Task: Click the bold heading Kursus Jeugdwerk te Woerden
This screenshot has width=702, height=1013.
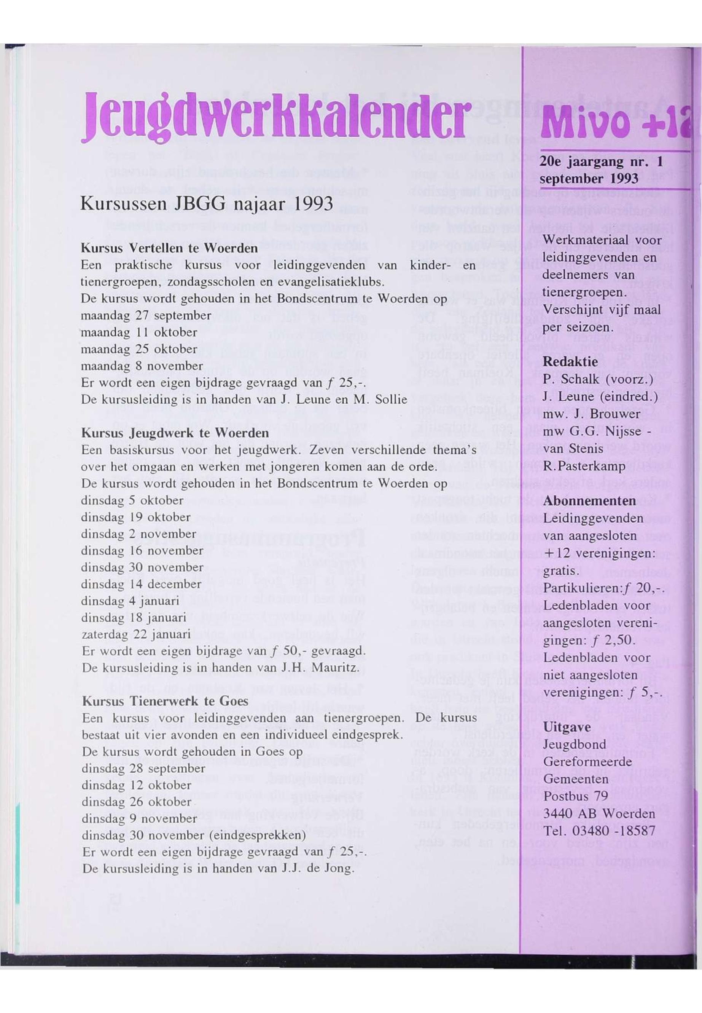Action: point(175,434)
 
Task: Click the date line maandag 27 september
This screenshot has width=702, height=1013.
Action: point(146,316)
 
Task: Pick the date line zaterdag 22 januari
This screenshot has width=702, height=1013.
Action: point(136,635)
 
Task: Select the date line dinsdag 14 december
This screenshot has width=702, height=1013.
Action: point(141,585)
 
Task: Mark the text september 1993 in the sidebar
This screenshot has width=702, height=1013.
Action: point(589,179)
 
